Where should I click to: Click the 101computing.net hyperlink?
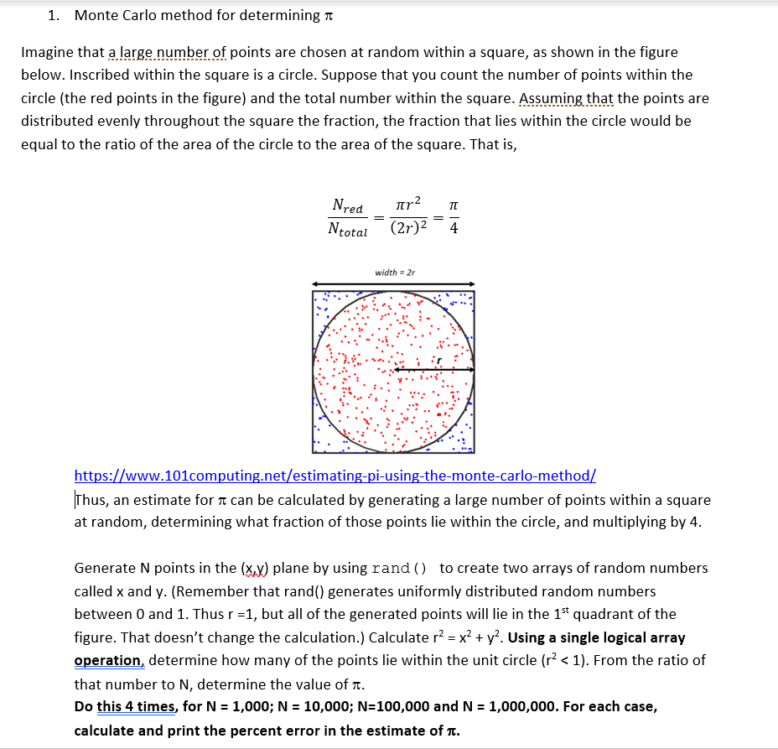[335, 476]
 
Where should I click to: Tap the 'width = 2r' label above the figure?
[394, 272]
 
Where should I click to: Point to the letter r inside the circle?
[438, 361]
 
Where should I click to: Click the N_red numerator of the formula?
[347, 205]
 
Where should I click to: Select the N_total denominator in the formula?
[347, 231]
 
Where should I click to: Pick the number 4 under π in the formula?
[453, 229]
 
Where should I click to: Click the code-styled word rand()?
[398, 568]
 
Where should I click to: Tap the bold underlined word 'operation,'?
[109, 660]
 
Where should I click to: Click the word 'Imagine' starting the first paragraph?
[47, 52]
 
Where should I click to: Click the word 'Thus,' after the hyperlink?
[91, 500]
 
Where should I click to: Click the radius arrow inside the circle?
[433, 370]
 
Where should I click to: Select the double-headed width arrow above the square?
[394, 283]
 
